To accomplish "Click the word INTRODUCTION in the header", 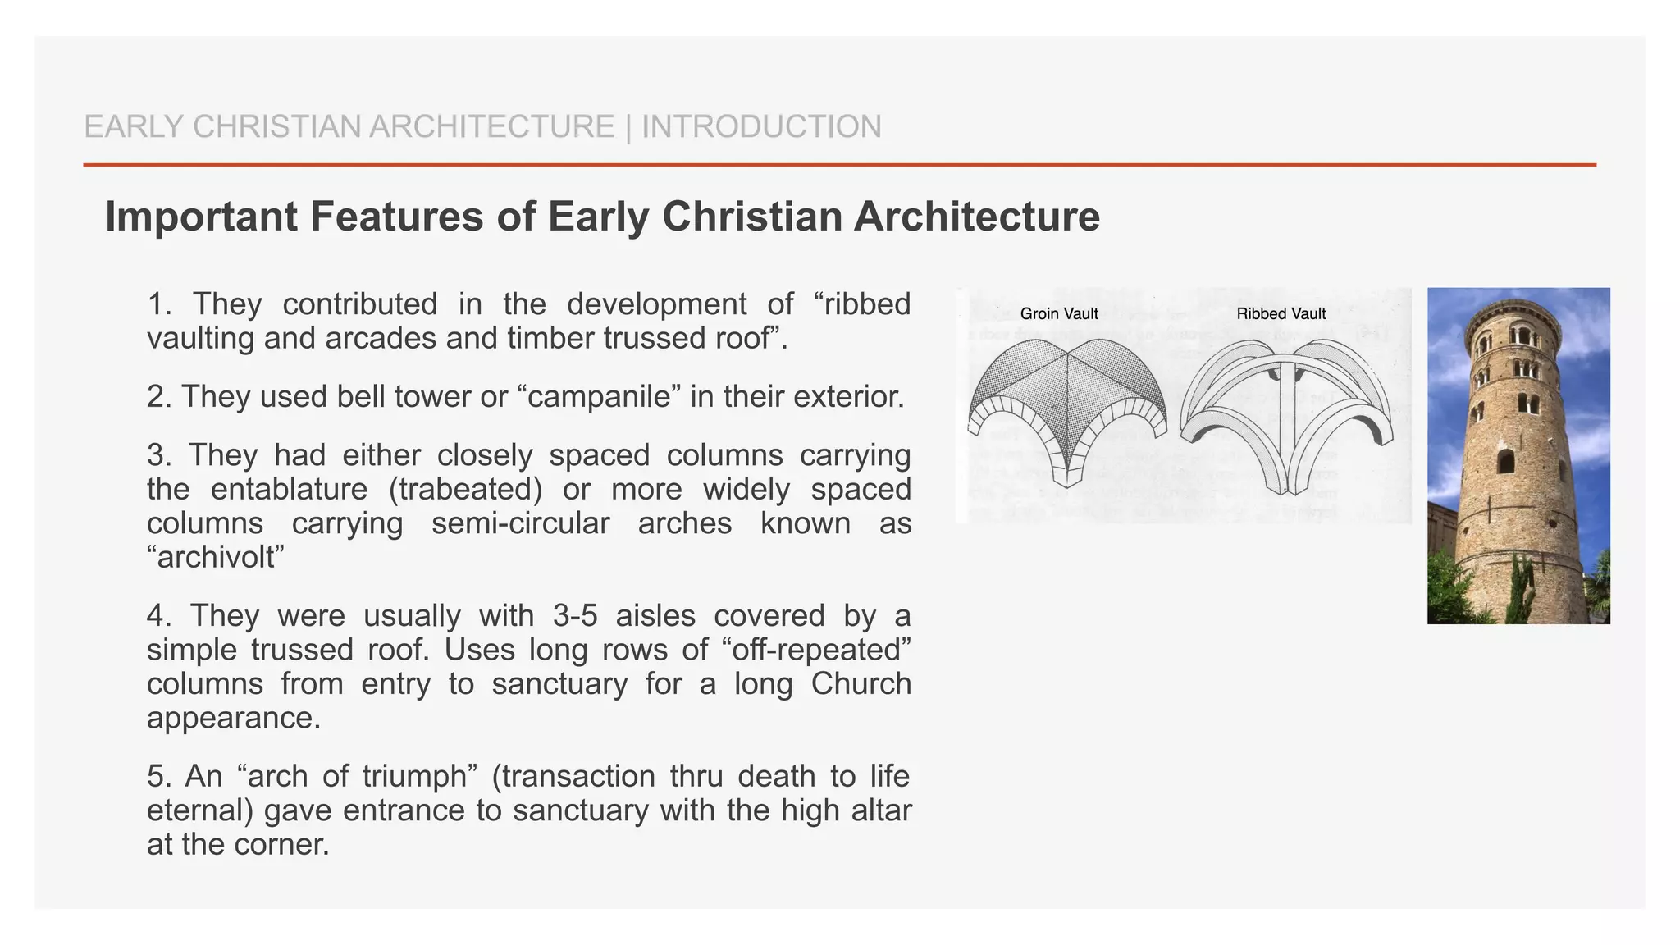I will point(761,127).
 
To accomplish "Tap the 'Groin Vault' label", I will point(1059,313).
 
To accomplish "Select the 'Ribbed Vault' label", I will point(1281,313).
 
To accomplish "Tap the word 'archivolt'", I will point(216,558).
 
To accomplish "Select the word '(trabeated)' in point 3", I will point(465,490).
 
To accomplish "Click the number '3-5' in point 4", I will point(564,616).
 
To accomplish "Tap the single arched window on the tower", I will point(1505,461).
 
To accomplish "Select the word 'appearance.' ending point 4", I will point(233,719).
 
